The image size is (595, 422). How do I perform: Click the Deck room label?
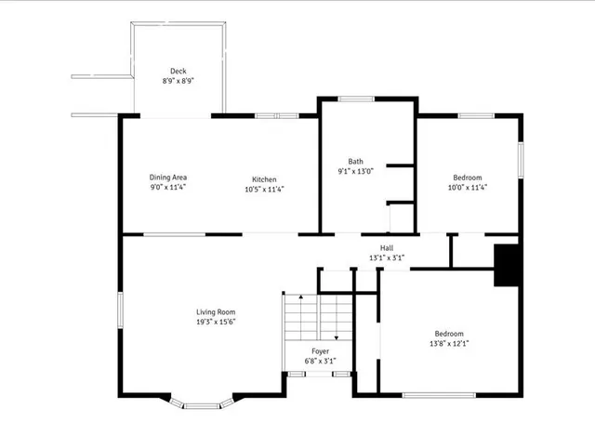[178, 71]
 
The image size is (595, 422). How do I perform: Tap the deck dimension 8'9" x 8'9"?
[178, 81]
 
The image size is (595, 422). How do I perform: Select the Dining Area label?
[168, 178]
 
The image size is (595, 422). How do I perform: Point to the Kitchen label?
[263, 179]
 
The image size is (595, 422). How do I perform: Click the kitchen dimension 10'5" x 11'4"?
[263, 189]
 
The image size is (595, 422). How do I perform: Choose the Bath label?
[356, 161]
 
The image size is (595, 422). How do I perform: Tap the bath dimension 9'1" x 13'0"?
[356, 171]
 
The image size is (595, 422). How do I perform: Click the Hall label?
[386, 248]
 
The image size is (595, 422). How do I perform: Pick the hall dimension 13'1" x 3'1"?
[386, 257]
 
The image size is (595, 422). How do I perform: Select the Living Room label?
[215, 311]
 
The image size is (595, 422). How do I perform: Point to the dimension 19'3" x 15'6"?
[215, 322]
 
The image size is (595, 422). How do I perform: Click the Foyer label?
[320, 350]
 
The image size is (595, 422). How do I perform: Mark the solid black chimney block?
[506, 265]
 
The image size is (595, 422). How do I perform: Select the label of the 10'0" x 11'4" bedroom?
[468, 178]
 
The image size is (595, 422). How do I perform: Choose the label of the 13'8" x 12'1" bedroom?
[449, 334]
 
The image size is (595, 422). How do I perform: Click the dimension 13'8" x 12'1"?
[449, 344]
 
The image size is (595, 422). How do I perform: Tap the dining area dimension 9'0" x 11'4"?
[168, 188]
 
